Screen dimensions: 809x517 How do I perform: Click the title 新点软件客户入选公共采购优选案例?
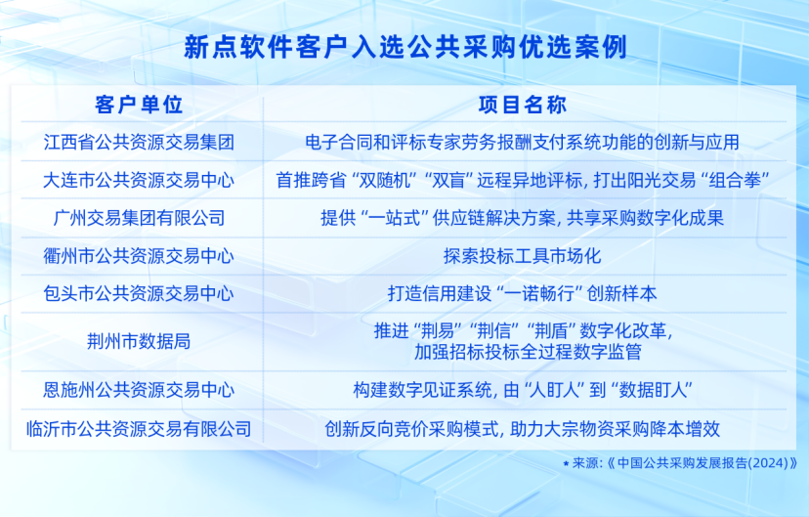405,48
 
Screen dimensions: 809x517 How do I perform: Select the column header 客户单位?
139,105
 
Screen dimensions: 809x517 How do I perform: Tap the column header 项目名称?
523,105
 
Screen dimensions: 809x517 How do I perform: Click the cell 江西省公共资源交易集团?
139,142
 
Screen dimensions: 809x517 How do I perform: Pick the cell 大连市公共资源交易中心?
139,180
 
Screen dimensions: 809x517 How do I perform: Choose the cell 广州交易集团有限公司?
139,218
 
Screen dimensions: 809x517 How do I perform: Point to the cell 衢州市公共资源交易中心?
139,256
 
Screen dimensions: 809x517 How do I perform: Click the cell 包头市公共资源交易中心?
139,293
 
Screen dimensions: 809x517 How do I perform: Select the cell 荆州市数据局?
139,341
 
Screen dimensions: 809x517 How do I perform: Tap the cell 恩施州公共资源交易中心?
139,390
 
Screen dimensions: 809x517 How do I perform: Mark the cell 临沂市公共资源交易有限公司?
139,429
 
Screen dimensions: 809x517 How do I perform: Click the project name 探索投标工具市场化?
522,256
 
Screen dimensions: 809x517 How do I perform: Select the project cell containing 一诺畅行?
522,293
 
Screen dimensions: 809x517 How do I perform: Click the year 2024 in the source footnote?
768,463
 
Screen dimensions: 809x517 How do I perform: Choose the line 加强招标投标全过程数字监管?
528,352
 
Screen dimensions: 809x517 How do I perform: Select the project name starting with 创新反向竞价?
522,429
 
